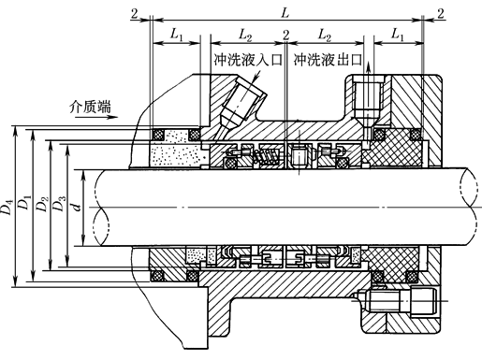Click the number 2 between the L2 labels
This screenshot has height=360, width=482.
click(285, 34)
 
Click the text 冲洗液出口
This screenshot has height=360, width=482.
click(328, 59)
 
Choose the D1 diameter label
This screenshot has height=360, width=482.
click(25, 208)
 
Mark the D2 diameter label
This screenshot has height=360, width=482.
click(42, 208)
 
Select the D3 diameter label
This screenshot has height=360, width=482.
click(59, 208)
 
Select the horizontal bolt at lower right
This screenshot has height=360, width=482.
click(406, 301)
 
